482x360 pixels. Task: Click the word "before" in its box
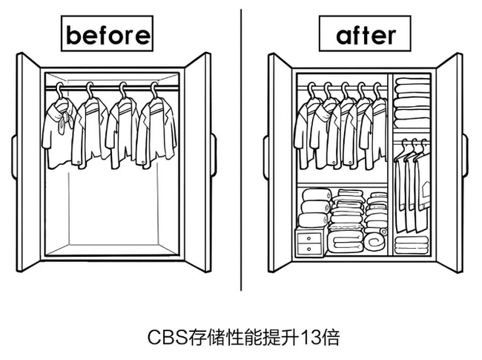tap(108, 34)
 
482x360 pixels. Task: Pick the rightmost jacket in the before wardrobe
tap(154, 132)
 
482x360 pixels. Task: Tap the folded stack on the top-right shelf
tap(412, 104)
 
